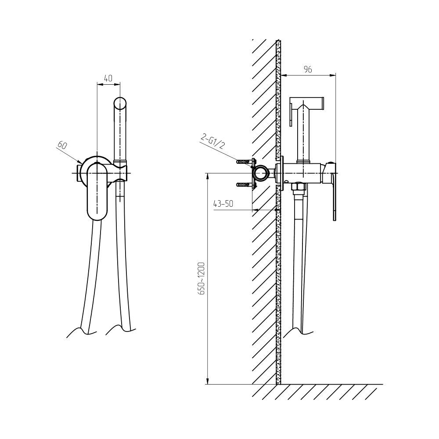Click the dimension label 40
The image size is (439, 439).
click(108, 78)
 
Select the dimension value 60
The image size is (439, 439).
click(62, 145)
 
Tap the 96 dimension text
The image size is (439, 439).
click(308, 69)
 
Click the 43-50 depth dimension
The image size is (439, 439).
click(223, 204)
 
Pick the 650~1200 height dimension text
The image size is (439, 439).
click(202, 278)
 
